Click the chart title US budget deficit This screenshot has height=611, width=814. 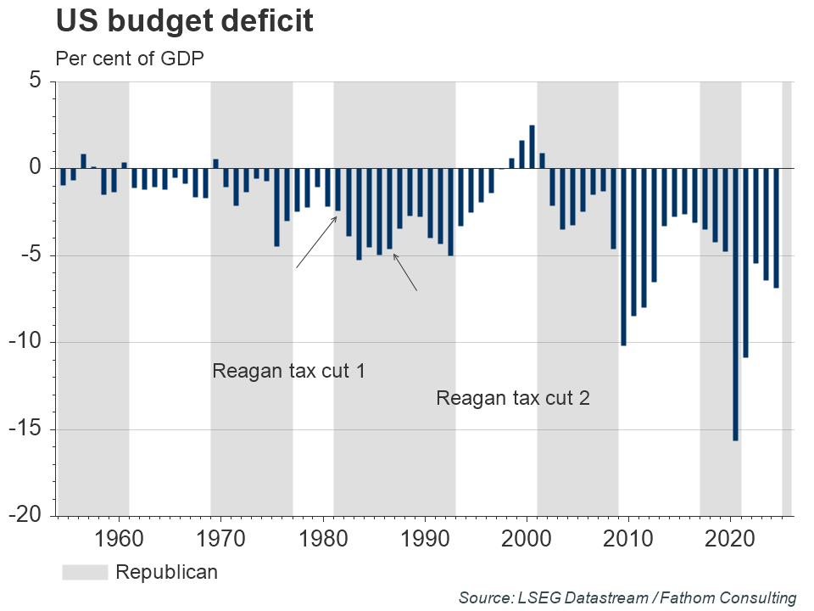pos(185,22)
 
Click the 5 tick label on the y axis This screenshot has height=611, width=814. pos(35,81)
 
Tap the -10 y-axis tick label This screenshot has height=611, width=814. pos(27,343)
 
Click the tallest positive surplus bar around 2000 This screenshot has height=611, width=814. pos(532,147)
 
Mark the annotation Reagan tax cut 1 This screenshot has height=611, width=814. pos(288,371)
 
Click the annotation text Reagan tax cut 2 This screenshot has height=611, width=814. pos(512,398)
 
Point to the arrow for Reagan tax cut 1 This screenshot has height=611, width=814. pos(317,242)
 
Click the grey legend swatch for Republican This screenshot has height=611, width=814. pos(85,573)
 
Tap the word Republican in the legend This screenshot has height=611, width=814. pos(166,573)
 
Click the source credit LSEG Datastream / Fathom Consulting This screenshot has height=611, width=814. pos(627,597)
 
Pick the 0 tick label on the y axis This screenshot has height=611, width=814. pos(35,168)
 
